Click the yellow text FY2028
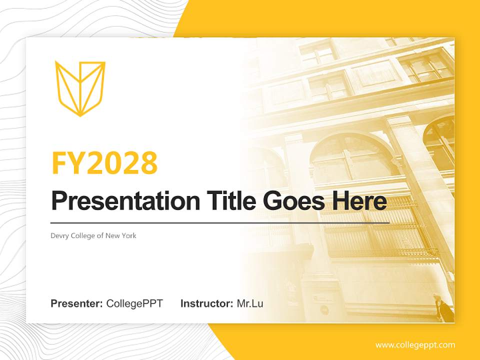(x=104, y=162)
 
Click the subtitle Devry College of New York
(x=93, y=235)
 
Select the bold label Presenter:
(x=77, y=303)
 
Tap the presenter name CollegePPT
(x=134, y=303)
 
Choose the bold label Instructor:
(x=207, y=303)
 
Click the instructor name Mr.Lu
(x=250, y=303)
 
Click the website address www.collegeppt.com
(x=415, y=344)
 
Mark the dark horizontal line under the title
(x=220, y=222)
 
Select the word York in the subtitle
(x=128, y=235)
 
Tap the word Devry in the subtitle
(x=59, y=236)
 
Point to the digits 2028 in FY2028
(x=122, y=162)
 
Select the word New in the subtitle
(x=112, y=235)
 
